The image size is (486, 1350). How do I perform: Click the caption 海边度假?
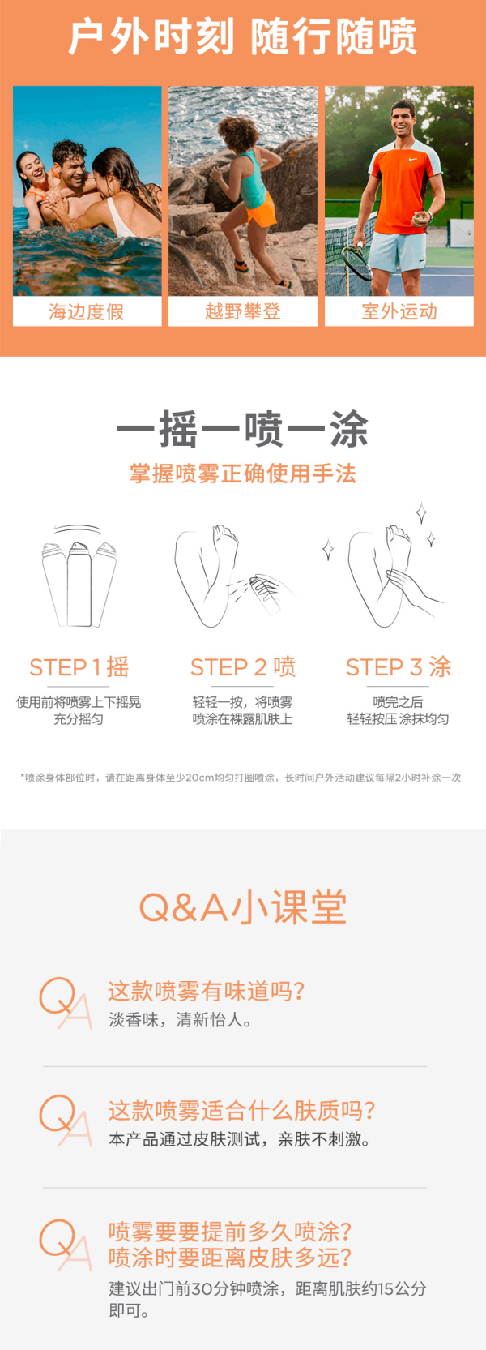pos(87,311)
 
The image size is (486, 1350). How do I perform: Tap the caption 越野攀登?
pos(243,311)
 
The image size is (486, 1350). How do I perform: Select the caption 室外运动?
pos(399,311)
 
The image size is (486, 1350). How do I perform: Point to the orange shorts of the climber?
pos(260,210)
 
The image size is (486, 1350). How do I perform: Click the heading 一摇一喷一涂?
pos(242,429)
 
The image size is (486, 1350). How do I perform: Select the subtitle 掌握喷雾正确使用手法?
pos(243,474)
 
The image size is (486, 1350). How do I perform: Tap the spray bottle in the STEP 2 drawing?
pos(266,595)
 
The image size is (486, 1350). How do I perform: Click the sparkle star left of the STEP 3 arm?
pos(328,549)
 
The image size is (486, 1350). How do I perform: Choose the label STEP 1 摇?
pos(79,667)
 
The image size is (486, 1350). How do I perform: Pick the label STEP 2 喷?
pos(243,667)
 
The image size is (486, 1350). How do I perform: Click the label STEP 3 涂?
pos(398,667)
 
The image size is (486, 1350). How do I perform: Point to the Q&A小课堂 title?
pos(243,907)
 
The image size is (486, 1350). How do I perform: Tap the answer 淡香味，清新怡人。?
pos(181,1020)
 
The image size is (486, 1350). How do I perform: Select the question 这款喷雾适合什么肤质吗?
pos(242,1110)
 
